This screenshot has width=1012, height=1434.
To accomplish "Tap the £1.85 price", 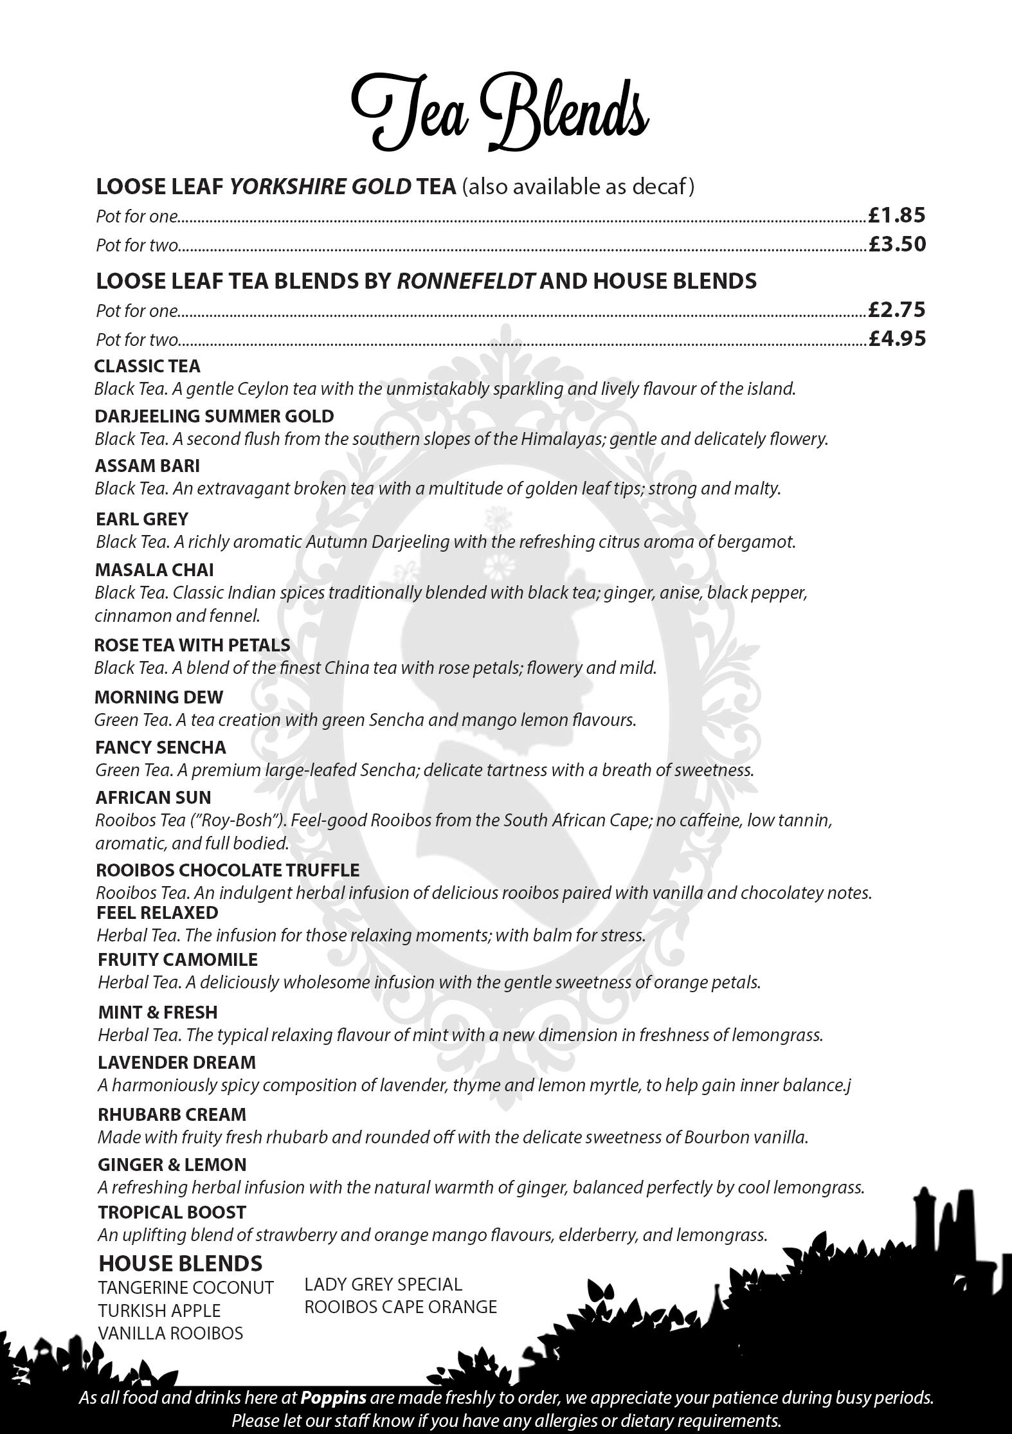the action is (896, 215).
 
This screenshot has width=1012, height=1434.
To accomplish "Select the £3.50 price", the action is (896, 244).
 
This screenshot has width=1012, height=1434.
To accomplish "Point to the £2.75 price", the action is (896, 310).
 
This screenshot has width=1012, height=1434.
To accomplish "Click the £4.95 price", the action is (896, 338).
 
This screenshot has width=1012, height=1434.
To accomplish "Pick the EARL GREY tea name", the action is (142, 519).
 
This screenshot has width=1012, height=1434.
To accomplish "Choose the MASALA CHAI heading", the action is (154, 570).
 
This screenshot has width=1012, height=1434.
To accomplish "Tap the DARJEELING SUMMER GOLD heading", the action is (214, 416).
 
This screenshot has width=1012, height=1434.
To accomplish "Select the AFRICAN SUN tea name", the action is (153, 797).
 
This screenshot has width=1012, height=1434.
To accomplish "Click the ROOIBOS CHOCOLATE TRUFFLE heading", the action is (228, 870).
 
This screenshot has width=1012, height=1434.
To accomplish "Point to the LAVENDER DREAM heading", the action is (177, 1062).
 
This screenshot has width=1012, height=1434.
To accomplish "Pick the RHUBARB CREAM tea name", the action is (172, 1114).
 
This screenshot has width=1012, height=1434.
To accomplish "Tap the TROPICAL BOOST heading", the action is (172, 1212).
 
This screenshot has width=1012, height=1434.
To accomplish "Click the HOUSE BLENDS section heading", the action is (180, 1263).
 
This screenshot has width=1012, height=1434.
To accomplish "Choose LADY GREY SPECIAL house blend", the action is (383, 1284).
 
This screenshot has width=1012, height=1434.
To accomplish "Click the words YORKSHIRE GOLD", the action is (320, 187).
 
